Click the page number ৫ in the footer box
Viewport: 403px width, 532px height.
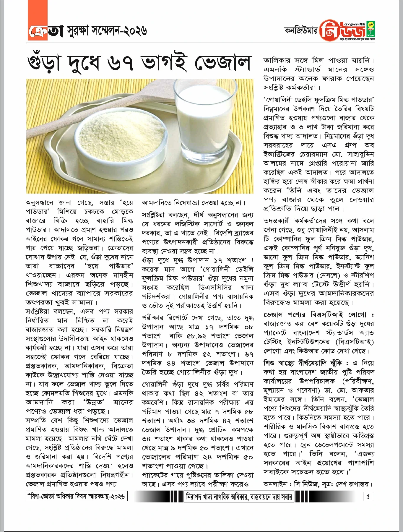[x=368, y=497]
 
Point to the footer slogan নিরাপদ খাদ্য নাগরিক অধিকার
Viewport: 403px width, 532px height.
[x=238, y=497]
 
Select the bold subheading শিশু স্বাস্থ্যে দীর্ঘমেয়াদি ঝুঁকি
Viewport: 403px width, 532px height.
[x=304, y=363]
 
